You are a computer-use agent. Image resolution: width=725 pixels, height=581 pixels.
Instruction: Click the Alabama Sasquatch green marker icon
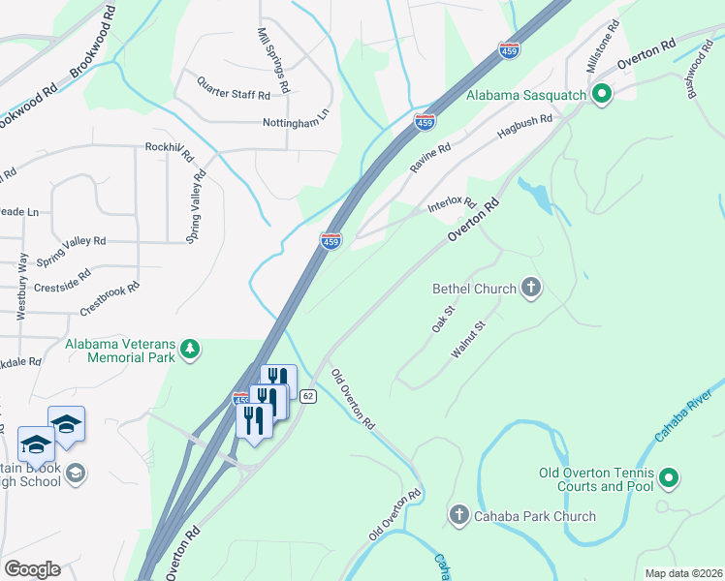coord(601,94)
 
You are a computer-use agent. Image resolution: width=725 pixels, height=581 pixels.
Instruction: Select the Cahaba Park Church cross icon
coord(459,515)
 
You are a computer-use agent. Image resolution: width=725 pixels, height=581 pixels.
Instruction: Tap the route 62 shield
coord(307,396)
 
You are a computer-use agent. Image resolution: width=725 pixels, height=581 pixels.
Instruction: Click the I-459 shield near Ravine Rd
coord(425,122)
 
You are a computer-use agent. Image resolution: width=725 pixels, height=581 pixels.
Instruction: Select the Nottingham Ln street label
coord(296,123)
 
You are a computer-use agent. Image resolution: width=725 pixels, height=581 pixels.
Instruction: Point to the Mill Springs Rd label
coord(272,58)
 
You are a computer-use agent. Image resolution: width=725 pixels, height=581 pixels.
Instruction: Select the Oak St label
coord(443,320)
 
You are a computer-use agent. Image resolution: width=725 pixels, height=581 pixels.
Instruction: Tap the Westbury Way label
coord(21,281)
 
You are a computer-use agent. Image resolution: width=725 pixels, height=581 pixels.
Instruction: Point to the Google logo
coord(31,569)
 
